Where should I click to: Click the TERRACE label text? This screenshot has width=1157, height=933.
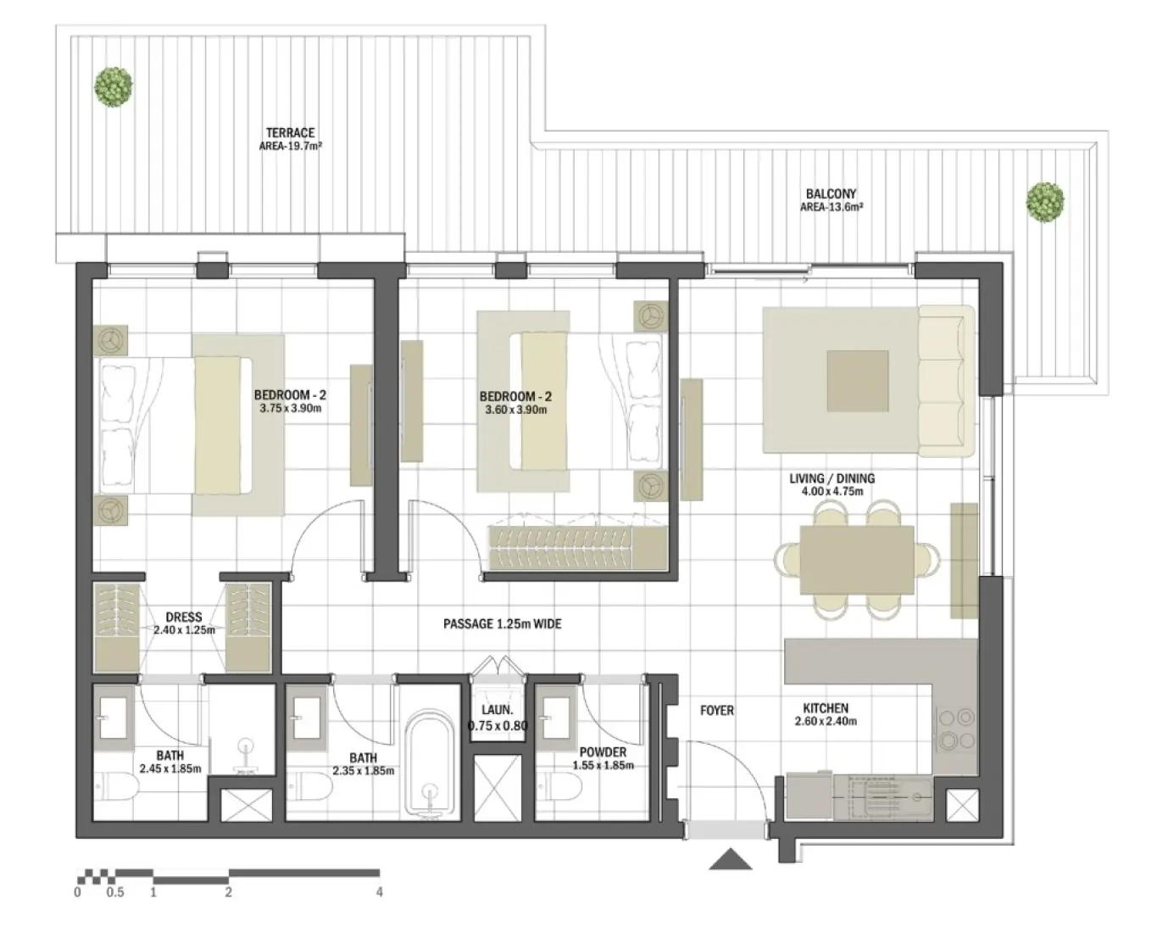290,133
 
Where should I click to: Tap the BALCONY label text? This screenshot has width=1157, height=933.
831,194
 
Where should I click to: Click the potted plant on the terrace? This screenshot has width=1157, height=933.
113,87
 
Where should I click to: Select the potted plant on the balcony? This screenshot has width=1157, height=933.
1044,201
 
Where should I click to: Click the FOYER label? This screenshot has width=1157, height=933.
716,711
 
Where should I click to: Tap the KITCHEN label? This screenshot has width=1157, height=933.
826,708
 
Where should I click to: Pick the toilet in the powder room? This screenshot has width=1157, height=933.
562,790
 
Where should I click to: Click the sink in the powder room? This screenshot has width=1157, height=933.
557,717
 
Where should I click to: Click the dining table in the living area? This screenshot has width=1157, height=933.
857,561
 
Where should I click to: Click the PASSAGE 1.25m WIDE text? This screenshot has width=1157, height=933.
502,624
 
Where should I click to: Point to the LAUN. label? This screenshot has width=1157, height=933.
498,710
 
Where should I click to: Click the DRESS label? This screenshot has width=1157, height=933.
183,617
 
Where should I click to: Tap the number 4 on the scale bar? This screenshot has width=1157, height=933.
379,892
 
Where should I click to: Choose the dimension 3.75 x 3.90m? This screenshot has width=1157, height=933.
290,409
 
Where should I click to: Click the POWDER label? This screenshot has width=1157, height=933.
603,752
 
